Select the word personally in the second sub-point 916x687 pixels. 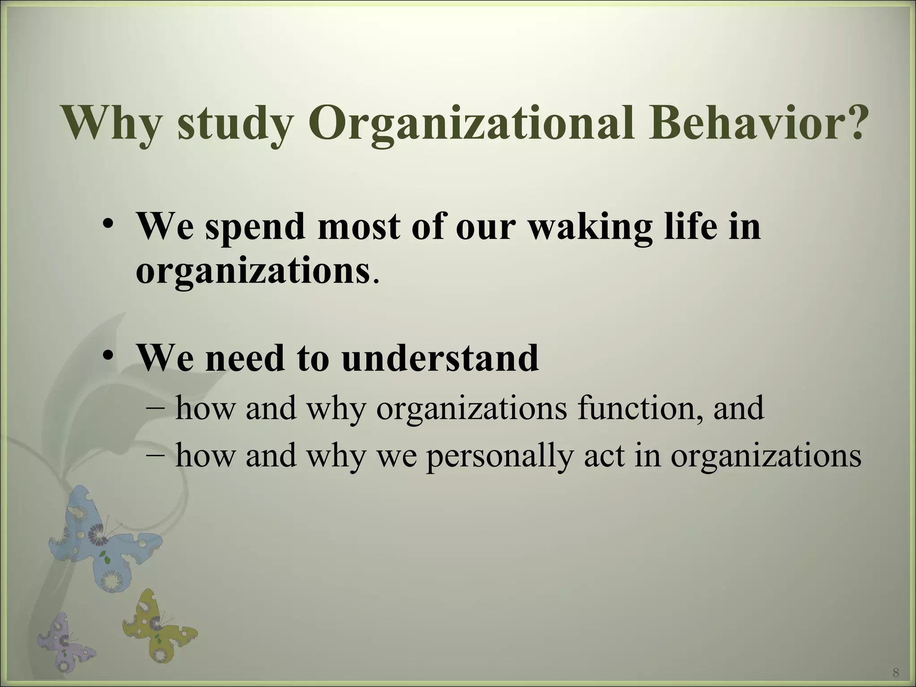(x=499, y=456)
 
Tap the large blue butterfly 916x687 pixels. (x=103, y=541)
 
